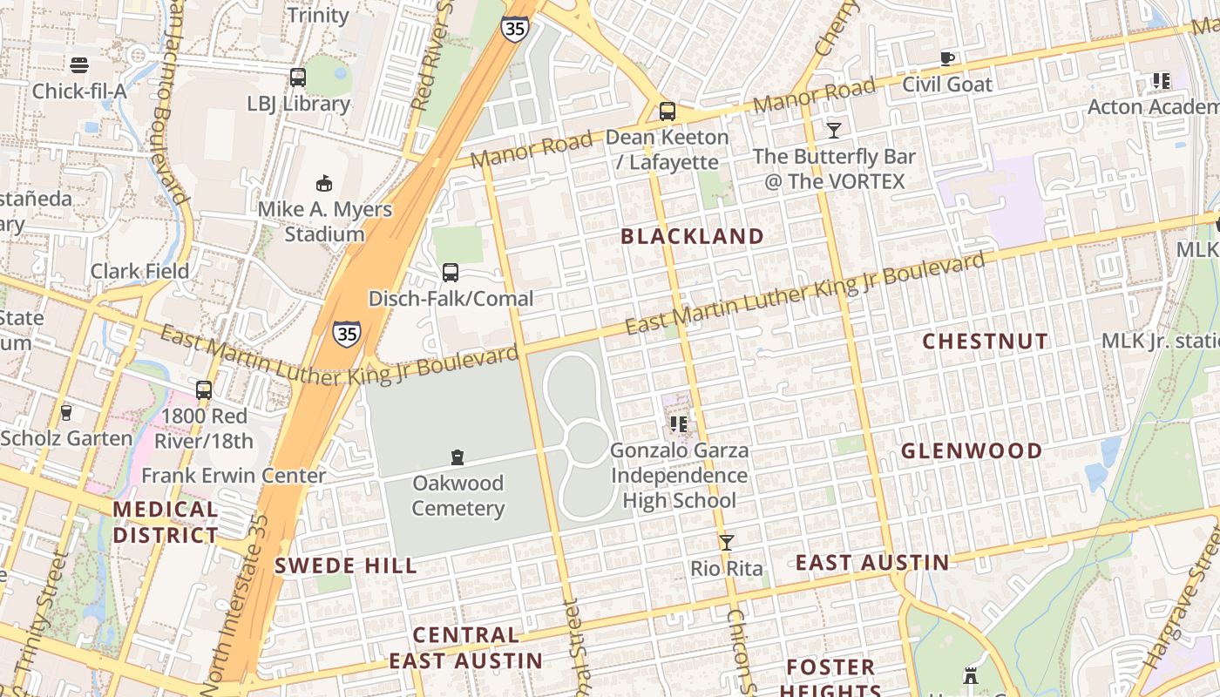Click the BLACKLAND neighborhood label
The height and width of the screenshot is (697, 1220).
pyautogui.click(x=692, y=236)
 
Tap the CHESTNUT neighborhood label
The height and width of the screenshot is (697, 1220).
pyautogui.click(x=986, y=342)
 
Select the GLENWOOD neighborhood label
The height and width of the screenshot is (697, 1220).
pyautogui.click(x=972, y=451)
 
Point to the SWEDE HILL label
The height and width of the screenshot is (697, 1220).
pyautogui.click(x=346, y=566)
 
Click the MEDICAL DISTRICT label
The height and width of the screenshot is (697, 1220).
pyautogui.click(x=166, y=522)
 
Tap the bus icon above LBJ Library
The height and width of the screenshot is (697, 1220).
pyautogui.click(x=298, y=77)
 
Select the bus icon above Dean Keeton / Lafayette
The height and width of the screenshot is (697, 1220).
pyautogui.click(x=668, y=111)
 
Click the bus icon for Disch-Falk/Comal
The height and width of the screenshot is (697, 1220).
pyautogui.click(x=451, y=272)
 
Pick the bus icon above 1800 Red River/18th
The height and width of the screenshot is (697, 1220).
pyautogui.click(x=204, y=389)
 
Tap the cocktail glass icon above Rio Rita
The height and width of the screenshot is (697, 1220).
pyautogui.click(x=726, y=542)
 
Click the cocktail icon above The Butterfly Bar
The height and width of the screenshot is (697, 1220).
pyautogui.click(x=834, y=130)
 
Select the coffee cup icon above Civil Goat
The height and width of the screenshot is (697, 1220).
pyautogui.click(x=947, y=58)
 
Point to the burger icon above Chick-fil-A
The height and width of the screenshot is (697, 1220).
pyautogui.click(x=79, y=64)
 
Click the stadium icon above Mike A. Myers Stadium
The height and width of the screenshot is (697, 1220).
pyautogui.click(x=324, y=182)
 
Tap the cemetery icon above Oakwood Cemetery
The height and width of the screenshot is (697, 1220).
pyautogui.click(x=457, y=457)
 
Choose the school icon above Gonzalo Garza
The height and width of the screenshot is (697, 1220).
pyautogui.click(x=679, y=424)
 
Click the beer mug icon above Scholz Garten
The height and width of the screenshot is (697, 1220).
pyautogui.click(x=66, y=412)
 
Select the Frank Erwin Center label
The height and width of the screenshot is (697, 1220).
pyautogui.click(x=234, y=476)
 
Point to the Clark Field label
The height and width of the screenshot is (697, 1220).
pyautogui.click(x=140, y=271)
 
